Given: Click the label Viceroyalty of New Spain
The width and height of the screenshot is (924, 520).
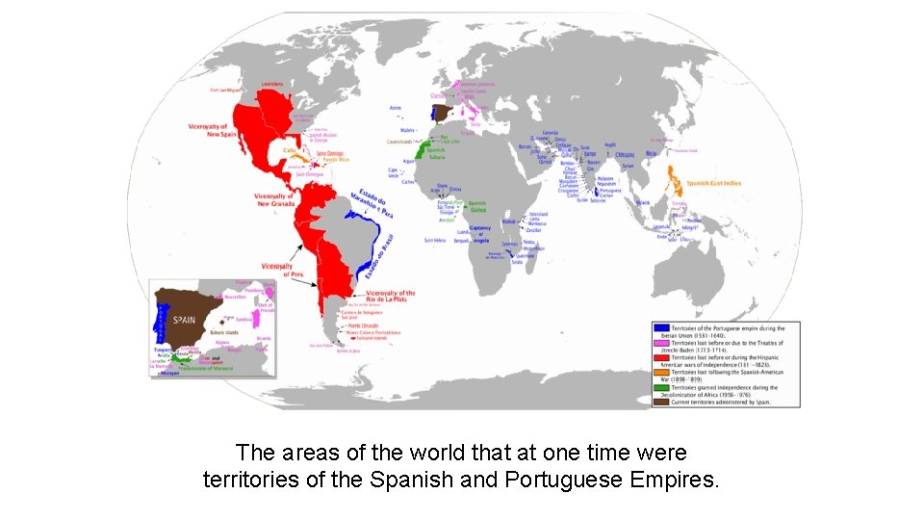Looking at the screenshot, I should point(210,130).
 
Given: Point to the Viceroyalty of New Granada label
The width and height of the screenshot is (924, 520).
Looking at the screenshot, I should point(276,199).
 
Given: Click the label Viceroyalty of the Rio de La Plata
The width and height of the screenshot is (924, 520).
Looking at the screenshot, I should point(390,297).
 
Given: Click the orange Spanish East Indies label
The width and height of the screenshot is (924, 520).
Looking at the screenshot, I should point(713,183).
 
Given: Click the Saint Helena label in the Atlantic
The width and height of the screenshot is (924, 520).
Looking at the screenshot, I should point(435,240).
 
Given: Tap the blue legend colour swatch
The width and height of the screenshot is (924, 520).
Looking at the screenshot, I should point(660,328).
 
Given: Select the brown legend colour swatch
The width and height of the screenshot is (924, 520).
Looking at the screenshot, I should point(660,402).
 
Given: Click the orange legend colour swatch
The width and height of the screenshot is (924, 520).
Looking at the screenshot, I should point(660,373).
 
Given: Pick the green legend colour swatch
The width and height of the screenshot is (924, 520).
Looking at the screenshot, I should point(660,387).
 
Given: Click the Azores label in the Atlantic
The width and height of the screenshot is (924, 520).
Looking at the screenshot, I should point(396,108).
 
